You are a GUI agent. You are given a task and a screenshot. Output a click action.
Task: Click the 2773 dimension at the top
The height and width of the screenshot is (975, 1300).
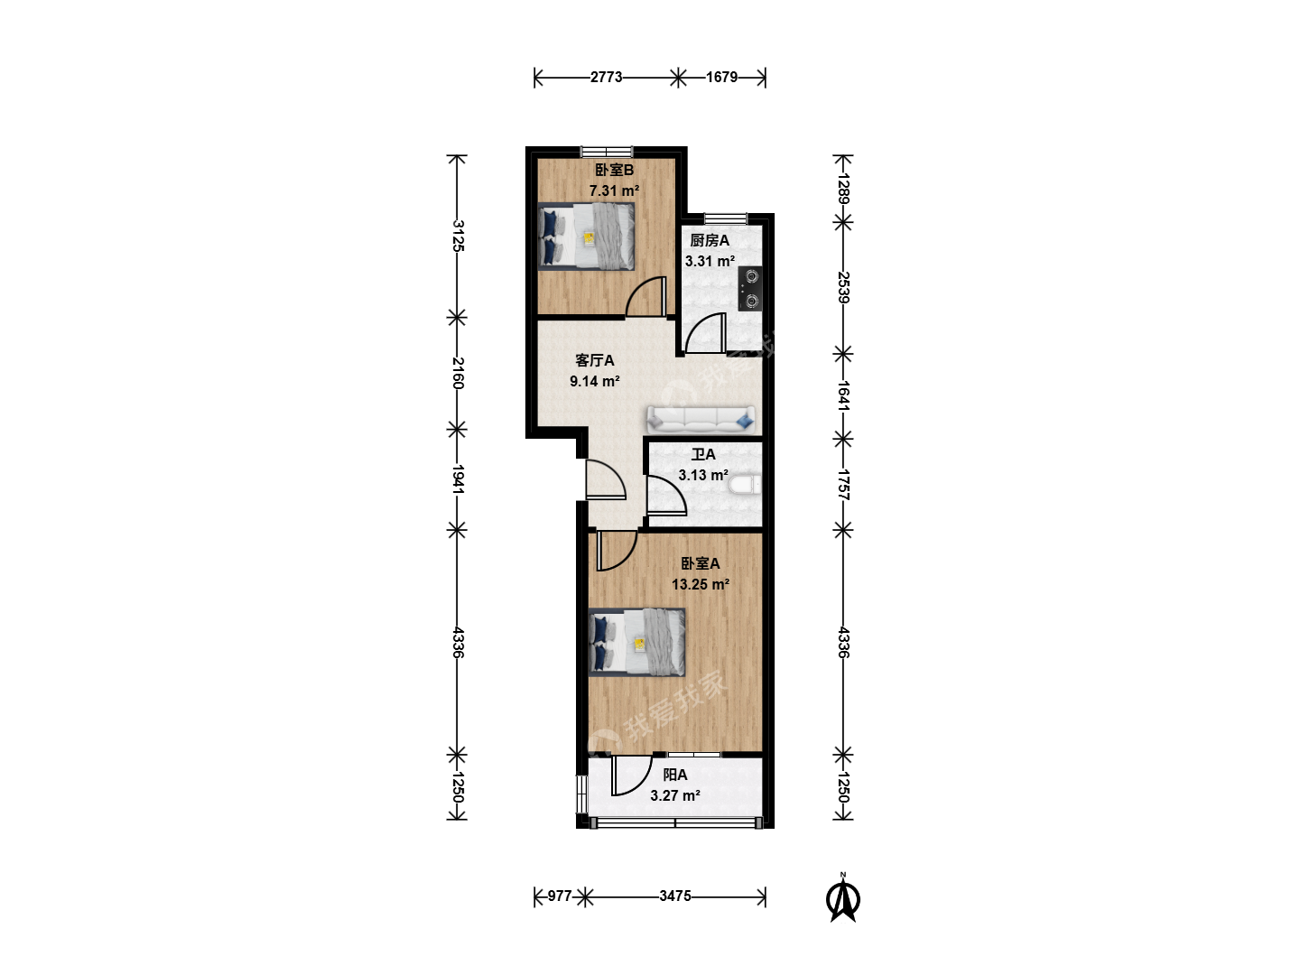click(606, 77)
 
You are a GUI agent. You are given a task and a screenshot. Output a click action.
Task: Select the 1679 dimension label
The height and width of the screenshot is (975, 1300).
click(721, 77)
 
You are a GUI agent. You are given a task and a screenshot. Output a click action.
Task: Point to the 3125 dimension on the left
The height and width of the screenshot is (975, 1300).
click(458, 236)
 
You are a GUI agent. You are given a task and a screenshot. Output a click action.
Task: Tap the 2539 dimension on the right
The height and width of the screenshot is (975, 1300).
click(844, 288)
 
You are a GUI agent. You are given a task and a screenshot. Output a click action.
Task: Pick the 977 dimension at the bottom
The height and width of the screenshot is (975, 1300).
click(559, 896)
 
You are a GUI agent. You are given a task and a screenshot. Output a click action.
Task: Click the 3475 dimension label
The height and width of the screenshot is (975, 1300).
click(675, 896)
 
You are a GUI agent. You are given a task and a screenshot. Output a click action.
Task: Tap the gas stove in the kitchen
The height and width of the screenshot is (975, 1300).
click(750, 289)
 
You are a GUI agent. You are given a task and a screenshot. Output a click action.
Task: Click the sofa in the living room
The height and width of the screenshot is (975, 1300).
click(701, 419)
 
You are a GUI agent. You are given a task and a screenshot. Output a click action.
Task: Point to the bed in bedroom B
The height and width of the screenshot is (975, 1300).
click(586, 237)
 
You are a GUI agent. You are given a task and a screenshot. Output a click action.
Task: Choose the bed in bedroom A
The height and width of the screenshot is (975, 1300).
click(637, 642)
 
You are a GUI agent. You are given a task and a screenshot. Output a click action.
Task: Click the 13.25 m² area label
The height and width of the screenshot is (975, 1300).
click(700, 584)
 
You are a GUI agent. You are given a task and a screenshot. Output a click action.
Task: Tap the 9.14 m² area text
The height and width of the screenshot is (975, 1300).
click(595, 381)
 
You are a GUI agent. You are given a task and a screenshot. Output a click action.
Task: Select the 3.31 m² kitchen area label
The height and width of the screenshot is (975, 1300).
click(710, 261)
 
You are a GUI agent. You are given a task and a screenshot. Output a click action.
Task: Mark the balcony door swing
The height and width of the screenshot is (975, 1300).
click(631, 775)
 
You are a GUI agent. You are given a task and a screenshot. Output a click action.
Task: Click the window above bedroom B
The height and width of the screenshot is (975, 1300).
click(607, 151)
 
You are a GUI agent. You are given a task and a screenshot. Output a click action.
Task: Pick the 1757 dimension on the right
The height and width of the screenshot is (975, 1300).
click(844, 485)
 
